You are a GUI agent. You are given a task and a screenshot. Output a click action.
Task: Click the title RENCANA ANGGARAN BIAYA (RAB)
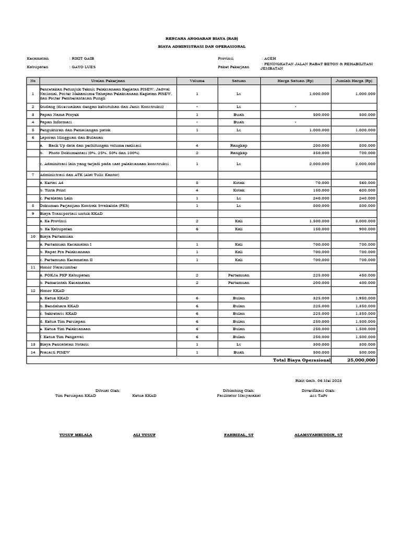coord(200,39)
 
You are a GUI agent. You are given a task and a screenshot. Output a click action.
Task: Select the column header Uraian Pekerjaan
coord(105,81)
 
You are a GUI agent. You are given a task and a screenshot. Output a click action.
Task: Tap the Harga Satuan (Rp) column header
coord(295,81)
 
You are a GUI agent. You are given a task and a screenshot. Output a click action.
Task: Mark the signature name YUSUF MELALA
coord(76,435)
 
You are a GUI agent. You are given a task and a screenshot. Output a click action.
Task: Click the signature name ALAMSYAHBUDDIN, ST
coord(319,435)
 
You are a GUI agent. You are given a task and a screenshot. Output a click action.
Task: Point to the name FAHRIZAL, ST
coord(239,435)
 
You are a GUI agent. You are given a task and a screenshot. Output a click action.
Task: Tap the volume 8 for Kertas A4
coord(197,183)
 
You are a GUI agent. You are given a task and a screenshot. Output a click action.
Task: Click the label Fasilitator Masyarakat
coord(239,396)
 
